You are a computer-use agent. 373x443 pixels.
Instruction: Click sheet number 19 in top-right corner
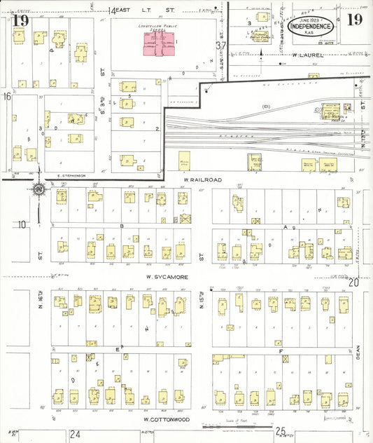click(353, 19)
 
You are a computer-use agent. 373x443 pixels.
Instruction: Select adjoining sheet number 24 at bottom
click(75, 435)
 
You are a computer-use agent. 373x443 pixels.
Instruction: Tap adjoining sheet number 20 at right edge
click(353, 282)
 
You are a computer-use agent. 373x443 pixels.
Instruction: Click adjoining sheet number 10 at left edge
click(23, 224)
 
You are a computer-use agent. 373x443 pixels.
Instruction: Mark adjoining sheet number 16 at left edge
click(7, 96)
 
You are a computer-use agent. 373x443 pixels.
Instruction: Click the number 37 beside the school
click(221, 46)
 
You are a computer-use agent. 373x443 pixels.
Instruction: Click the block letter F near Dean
click(280, 348)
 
